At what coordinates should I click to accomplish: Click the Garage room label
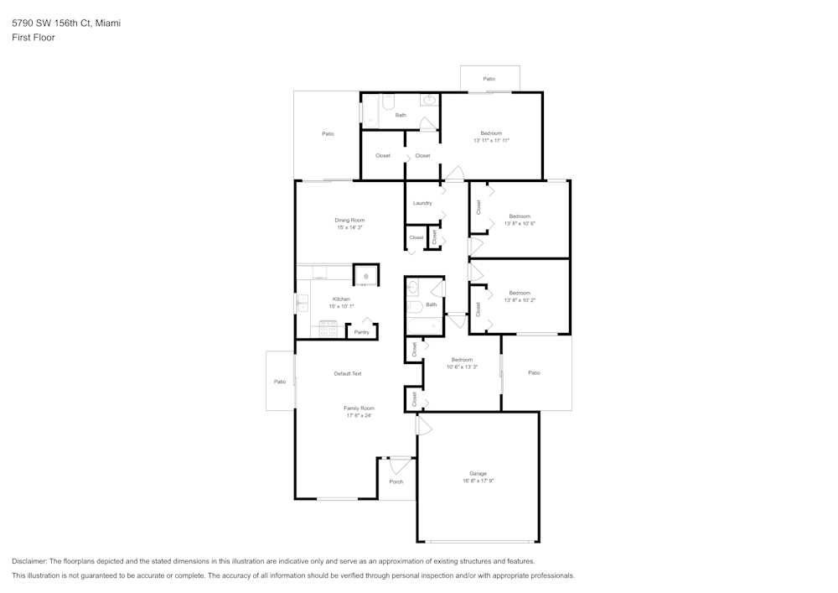point(478,473)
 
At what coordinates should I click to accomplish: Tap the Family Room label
point(358,408)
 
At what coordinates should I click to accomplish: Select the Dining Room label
point(349,220)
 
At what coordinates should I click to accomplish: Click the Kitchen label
point(341,299)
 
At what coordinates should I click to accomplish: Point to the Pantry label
point(361,332)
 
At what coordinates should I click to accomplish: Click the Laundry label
point(422,203)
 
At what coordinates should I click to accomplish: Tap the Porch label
point(396,481)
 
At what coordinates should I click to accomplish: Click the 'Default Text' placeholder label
point(348,373)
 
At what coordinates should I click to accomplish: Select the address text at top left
point(66,23)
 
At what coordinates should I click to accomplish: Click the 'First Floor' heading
point(34,38)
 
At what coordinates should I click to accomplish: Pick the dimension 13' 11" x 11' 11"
point(491,140)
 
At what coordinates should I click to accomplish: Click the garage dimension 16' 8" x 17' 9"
point(478,481)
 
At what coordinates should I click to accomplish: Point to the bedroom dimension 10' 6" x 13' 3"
point(462,367)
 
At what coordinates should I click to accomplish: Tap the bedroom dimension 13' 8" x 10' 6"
point(520,223)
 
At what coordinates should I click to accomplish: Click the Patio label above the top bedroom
point(489,79)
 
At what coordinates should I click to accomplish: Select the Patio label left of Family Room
point(280,382)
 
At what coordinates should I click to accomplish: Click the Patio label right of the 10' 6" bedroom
point(535,372)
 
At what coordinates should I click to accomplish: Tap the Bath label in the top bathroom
point(401,115)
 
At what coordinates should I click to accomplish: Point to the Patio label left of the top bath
point(328,133)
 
